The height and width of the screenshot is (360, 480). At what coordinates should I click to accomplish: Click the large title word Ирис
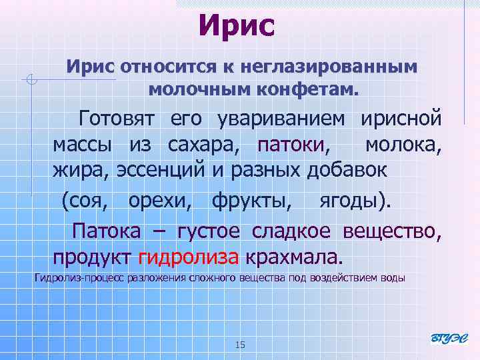(236, 26)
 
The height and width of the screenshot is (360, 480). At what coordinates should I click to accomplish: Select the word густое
(211, 231)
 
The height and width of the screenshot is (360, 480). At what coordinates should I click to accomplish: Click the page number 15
(241, 345)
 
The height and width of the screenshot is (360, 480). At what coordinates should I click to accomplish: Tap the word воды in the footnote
(393, 277)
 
